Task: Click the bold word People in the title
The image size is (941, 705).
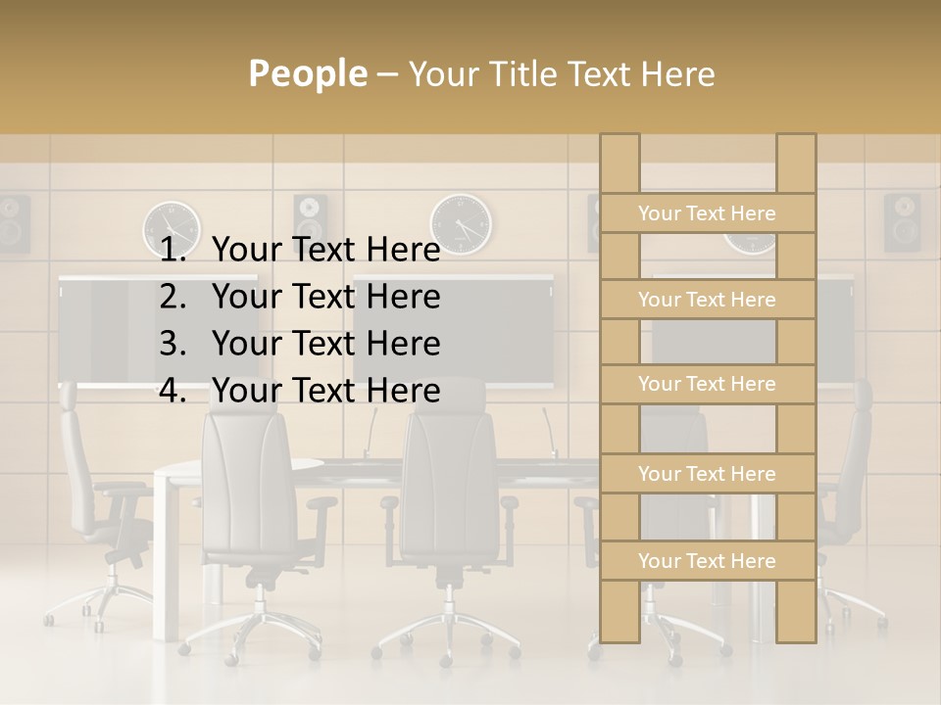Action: tap(307, 74)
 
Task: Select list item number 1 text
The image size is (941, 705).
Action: tap(325, 251)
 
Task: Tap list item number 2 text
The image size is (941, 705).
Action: tap(325, 297)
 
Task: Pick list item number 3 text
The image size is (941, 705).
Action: tap(325, 344)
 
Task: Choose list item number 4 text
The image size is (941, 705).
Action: tap(325, 391)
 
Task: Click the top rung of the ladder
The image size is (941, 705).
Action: tap(708, 213)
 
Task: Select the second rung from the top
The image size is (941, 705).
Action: tap(708, 300)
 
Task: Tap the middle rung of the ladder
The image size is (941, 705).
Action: tap(708, 385)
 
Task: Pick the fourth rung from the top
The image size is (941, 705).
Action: tap(708, 474)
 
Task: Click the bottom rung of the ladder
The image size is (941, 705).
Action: tap(708, 561)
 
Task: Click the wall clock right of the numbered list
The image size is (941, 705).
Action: tap(461, 223)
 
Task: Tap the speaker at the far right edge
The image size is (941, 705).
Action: tap(902, 221)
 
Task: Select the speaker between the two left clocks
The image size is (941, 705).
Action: tap(310, 217)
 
